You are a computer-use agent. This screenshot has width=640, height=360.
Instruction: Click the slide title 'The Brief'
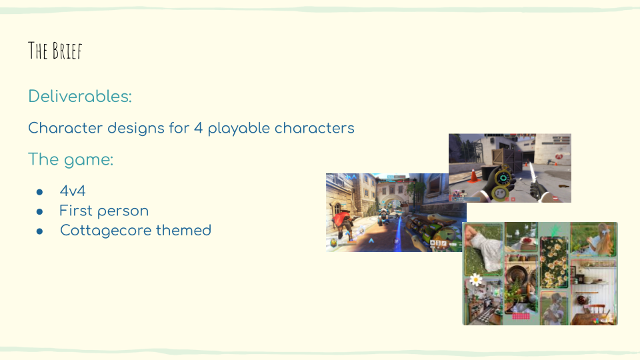tap(55, 51)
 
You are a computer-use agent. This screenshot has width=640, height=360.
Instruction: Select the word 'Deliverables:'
tap(80, 96)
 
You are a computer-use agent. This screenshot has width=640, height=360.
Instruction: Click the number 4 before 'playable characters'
tap(199, 128)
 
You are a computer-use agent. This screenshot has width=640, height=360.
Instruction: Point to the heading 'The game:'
tap(71, 159)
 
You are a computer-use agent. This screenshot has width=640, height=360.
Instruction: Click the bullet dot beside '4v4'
tap(39, 192)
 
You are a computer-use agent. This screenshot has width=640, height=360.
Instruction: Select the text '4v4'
tap(73, 191)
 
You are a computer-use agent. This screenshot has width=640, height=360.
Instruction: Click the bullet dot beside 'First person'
tap(39, 211)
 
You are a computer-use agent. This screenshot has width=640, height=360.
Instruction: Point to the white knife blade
tap(532, 173)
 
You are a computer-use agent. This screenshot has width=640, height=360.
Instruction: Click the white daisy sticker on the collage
tap(475, 279)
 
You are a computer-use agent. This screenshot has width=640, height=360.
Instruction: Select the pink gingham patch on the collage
tap(521, 316)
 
